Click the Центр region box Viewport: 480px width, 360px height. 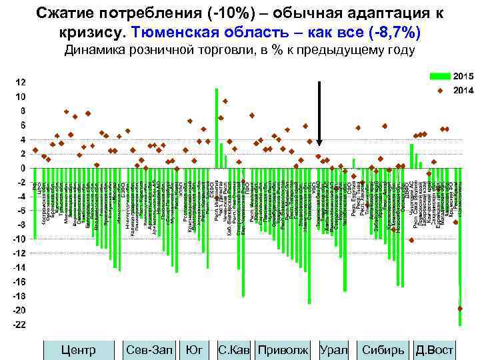pos(78,349)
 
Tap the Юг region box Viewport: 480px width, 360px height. pos(194,349)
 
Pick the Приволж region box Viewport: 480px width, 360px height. pos(283,349)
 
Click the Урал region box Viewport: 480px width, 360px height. pos(334,349)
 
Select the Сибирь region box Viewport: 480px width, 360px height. pos(383,349)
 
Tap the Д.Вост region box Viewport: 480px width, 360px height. pos(434,349)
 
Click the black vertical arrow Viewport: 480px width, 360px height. pos(320,113)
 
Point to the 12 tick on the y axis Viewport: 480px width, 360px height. pos(21,83)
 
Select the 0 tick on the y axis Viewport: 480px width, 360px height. pos(23,168)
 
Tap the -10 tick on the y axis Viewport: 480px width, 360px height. pos(20,239)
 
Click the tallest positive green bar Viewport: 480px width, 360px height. pos(217,127)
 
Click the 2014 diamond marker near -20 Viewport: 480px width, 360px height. pos(460,308)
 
